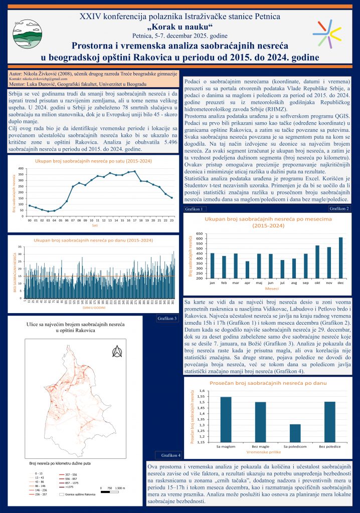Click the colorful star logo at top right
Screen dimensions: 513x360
329,33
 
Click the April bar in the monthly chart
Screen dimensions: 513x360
247,270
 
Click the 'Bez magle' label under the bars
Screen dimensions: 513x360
260,445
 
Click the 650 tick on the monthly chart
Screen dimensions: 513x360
199,234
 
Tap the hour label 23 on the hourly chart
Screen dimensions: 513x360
171,220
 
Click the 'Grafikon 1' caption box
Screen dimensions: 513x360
194,209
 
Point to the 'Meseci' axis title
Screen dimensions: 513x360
272,289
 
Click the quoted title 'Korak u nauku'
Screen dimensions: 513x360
179,26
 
